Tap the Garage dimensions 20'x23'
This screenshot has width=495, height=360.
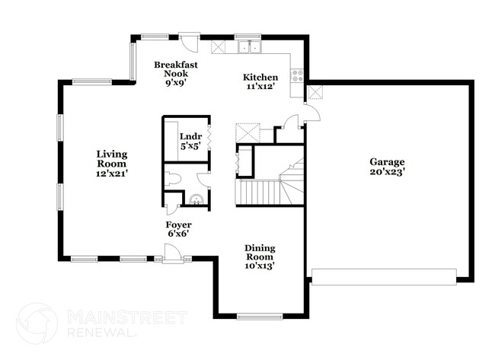(387, 172)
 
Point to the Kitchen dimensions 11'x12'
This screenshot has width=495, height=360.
(260, 87)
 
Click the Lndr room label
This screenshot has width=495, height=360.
(189, 137)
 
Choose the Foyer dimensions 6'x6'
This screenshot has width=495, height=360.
(178, 234)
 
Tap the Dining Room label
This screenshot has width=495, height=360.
(260, 253)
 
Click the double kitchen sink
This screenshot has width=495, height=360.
(249, 47)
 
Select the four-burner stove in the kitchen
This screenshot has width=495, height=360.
(297, 75)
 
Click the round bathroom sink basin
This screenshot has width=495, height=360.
(196, 202)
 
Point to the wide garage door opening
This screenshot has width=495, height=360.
(384, 276)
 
